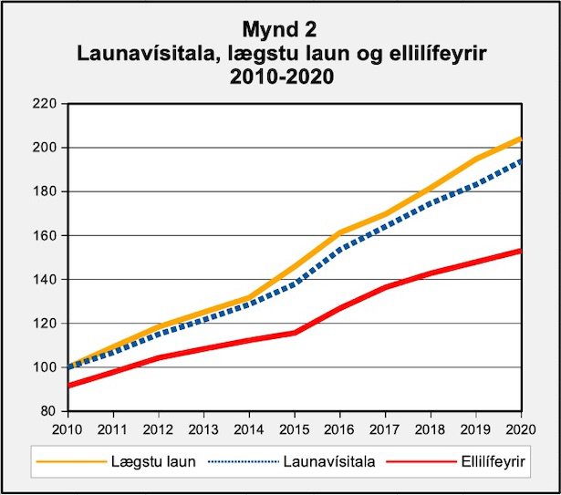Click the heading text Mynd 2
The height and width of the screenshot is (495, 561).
click(x=281, y=31)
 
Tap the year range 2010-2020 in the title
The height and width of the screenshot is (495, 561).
click(x=281, y=78)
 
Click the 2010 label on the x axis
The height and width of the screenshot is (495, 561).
click(x=68, y=428)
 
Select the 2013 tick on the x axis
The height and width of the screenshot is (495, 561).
click(x=203, y=428)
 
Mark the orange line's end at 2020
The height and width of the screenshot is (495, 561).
click(x=520, y=139)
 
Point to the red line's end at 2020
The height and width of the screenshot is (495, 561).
click(x=520, y=250)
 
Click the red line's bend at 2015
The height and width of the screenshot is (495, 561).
click(x=294, y=332)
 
